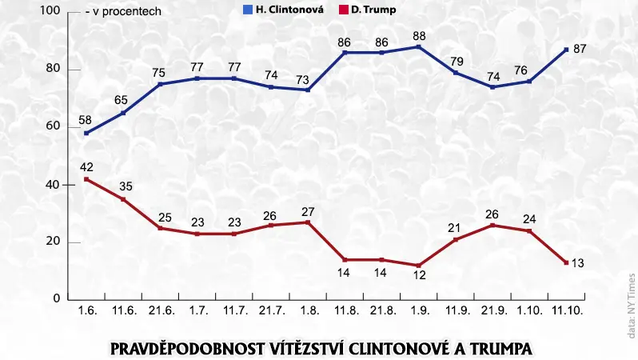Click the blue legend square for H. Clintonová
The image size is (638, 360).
(247, 10)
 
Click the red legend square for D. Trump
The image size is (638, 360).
(344, 10)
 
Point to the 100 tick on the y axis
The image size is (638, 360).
(50, 10)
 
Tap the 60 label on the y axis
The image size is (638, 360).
(53, 126)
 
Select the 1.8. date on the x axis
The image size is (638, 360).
(309, 310)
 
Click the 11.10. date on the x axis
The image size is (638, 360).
(567, 310)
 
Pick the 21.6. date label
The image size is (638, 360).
(161, 310)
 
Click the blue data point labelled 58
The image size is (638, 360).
(86, 133)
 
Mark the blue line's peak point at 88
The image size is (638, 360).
(419, 47)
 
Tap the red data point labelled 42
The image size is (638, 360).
(86, 179)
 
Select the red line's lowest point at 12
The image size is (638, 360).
(419, 266)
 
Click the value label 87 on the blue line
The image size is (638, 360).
(580, 49)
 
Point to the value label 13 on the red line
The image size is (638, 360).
(578, 263)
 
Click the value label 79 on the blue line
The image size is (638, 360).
(457, 62)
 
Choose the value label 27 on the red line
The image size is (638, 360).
(308, 212)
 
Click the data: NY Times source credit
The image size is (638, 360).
(631, 306)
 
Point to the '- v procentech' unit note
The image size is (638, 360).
(123, 11)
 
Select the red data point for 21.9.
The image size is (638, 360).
(492, 226)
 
